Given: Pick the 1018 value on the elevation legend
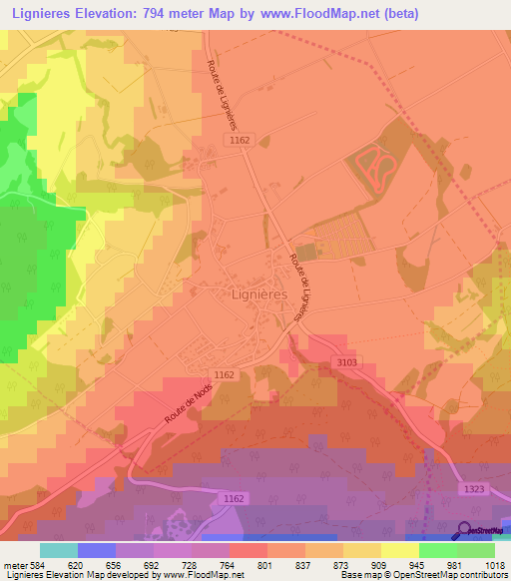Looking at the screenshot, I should coord(496,564).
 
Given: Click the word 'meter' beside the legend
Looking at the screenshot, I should coord(17,564).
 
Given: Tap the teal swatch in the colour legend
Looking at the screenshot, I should coord(59,550).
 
